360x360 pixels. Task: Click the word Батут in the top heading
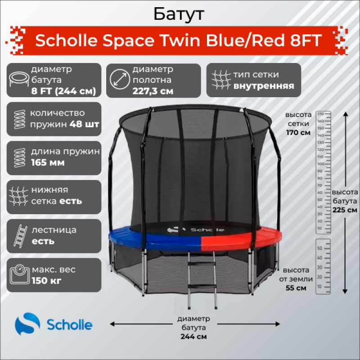pos(179,14)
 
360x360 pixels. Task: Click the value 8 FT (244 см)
pos(63,90)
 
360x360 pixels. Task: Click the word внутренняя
pos(264,85)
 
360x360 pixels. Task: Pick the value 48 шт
pos(85,124)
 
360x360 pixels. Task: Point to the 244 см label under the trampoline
pos(194,336)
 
